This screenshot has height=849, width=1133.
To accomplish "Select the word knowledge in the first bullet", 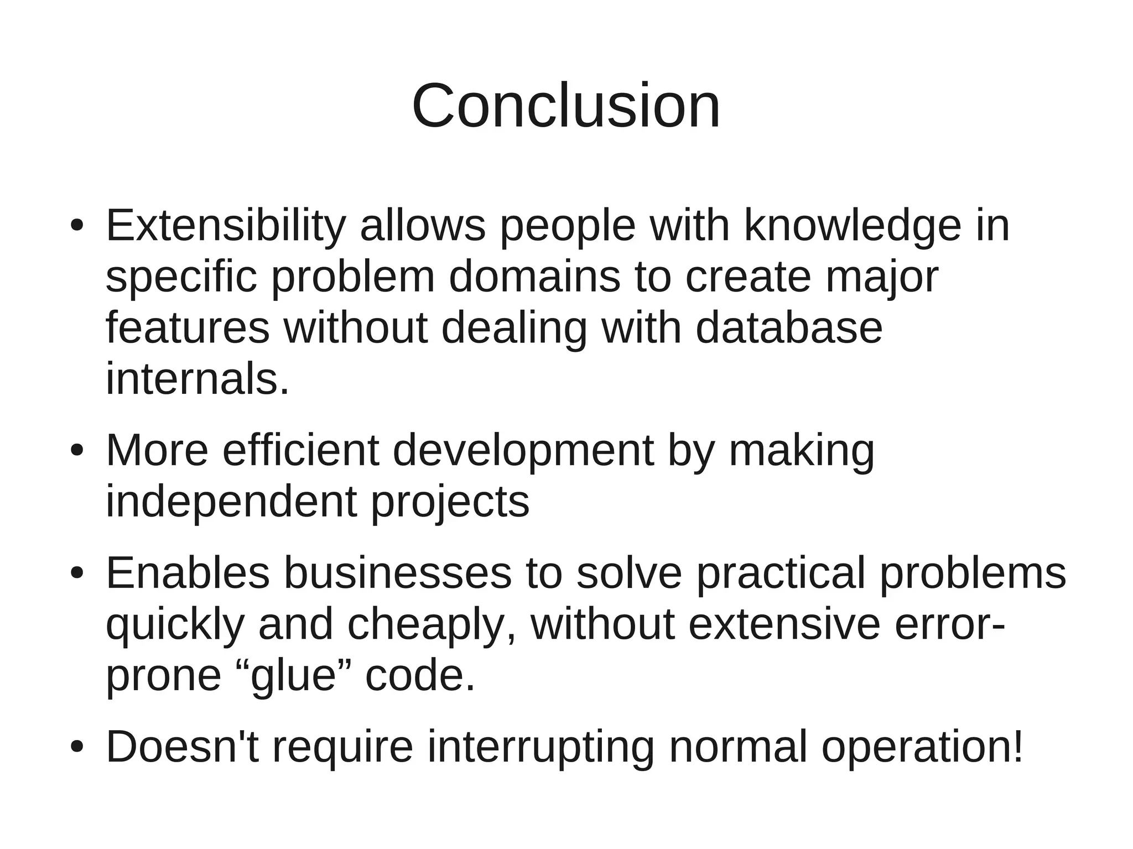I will coord(853,227).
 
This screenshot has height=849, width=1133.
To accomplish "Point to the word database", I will coord(788,327).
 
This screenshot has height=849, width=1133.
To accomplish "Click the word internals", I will coord(197,379).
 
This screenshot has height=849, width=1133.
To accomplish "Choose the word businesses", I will coord(398,573).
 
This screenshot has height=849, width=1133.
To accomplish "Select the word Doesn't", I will coord(182,747).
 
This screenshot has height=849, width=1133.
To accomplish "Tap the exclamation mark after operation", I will coord(1017,747).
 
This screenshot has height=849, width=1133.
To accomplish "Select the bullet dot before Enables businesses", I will coord(77,574).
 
